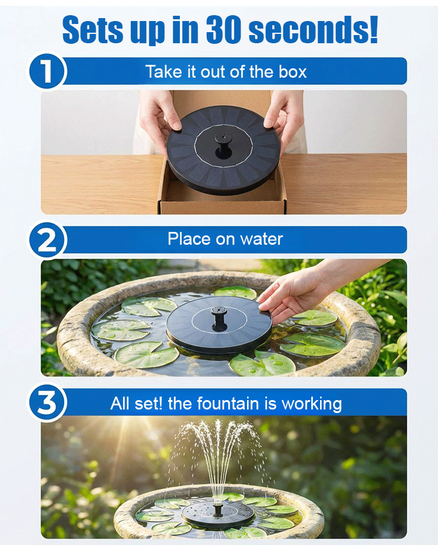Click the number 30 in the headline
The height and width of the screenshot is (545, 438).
pos(223,30)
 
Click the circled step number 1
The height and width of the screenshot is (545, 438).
pos(47,71)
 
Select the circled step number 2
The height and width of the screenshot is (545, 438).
pos(47,240)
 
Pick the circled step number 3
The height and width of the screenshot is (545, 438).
pos(47,402)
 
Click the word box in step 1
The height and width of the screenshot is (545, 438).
pos(293,72)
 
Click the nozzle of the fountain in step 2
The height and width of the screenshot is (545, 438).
pos(219,314)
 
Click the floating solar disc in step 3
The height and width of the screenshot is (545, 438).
pos(218,515)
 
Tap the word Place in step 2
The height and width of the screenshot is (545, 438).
pos(189,239)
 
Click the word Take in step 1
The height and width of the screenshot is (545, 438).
pos(164,72)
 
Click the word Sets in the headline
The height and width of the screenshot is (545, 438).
pos(93,30)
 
